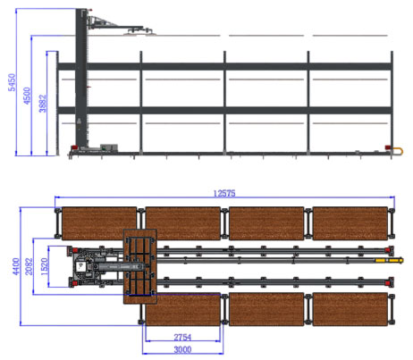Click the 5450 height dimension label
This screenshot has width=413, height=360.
click(12, 82)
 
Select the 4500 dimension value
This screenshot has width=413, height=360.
click(27, 96)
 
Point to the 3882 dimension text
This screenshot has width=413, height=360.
click(43, 104)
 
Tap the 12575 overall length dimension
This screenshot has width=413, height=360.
click(224, 194)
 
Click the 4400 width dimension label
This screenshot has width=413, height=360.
click(16, 266)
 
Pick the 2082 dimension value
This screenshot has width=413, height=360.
click(29, 266)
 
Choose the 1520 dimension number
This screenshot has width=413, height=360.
click(44, 266)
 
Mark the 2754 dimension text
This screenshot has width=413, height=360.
click(182, 338)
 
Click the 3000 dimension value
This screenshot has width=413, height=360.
click(182, 349)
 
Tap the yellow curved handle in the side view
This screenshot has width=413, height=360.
click(400, 151)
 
